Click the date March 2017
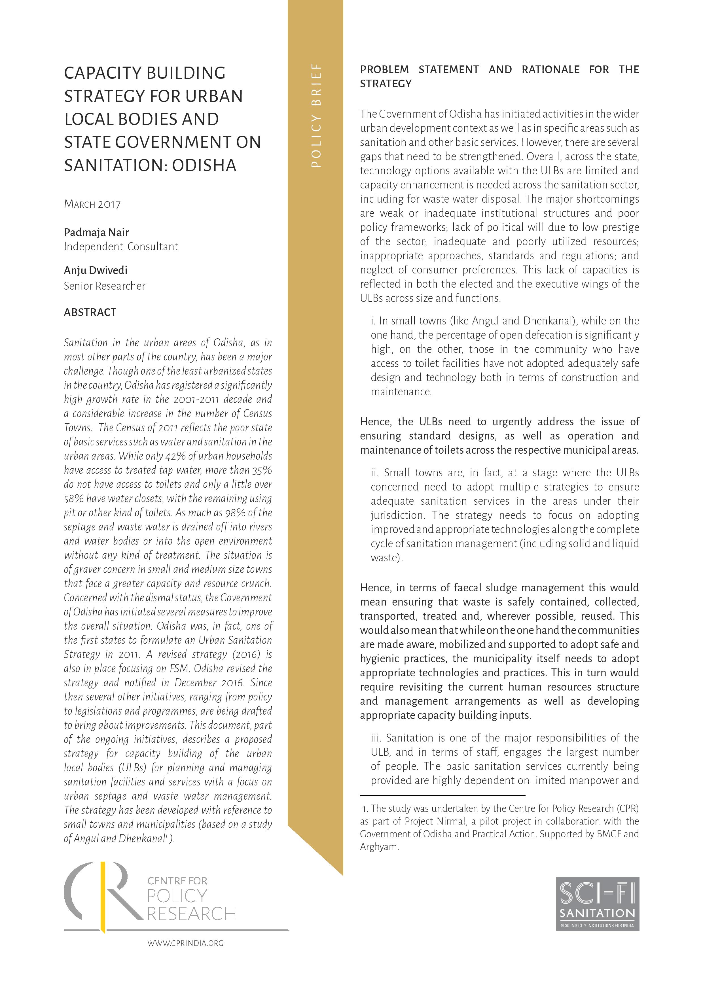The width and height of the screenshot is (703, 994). click(x=92, y=204)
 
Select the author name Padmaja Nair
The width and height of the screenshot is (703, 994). click(x=96, y=232)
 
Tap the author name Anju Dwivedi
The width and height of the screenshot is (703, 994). click(x=95, y=270)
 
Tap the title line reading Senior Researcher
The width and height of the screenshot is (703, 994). click(x=104, y=286)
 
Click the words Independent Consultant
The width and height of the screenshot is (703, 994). click(x=121, y=246)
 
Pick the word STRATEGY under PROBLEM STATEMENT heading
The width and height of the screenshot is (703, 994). click(x=386, y=84)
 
